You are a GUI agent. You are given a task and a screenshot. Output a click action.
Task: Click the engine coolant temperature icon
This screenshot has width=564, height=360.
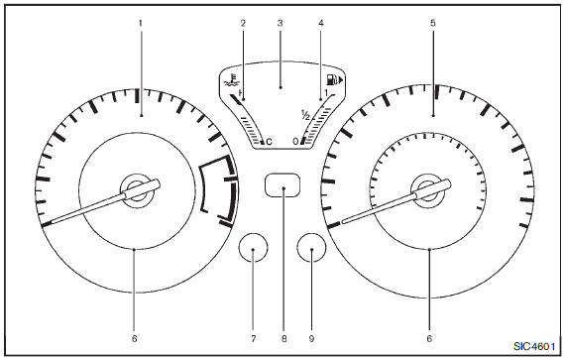coord(230,81)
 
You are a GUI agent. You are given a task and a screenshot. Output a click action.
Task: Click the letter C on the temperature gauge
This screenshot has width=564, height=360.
coord(269,142)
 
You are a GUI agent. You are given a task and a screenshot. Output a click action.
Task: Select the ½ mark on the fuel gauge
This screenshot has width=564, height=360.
coord(305,115)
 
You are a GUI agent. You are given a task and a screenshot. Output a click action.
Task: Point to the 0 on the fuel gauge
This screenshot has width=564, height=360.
coord(295,142)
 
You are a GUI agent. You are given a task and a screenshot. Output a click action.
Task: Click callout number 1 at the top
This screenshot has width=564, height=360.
coord(141,23)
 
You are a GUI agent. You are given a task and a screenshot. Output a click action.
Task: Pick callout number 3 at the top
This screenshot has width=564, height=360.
coord(280,23)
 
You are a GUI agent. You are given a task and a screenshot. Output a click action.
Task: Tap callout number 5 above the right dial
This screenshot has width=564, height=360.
coord(433,23)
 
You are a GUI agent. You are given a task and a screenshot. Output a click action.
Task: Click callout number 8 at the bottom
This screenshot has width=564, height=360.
coord(284,339)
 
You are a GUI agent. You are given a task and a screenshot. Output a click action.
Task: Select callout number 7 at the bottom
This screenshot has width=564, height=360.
coord(253,339)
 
